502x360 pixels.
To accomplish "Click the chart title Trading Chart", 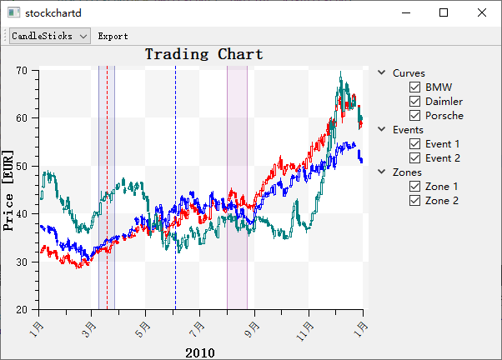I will (203, 54).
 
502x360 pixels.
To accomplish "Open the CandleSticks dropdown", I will (50, 36).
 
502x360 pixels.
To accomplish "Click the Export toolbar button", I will (113, 36).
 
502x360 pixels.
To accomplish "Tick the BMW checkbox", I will (414, 87).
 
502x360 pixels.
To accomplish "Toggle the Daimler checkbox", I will (414, 101).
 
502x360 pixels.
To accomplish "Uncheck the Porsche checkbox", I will (414, 115).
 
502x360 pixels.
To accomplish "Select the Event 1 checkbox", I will (414, 143).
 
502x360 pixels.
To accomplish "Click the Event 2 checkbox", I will (414, 157).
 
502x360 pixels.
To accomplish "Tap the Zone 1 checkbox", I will (414, 186).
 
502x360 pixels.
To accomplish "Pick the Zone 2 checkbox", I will (414, 200).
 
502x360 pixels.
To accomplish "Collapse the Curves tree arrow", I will (382, 72).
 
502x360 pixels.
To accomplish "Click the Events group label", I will (408, 129).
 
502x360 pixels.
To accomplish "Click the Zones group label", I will (407, 172).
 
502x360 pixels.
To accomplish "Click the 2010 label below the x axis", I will (199, 352).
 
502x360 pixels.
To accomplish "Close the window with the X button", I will (482, 12).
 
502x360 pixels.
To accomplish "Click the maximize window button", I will (444, 12).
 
